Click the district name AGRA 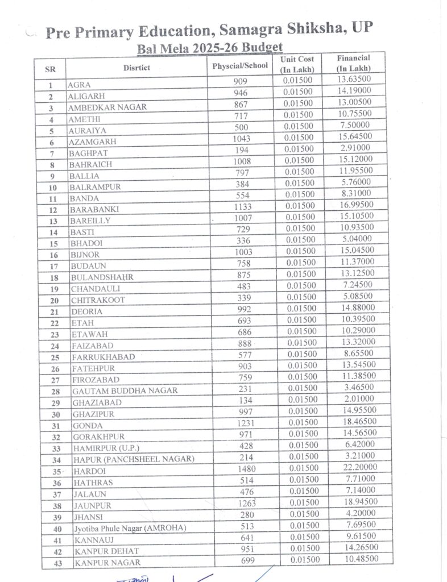(x=79, y=85)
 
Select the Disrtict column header (x=136, y=68)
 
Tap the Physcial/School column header (x=240, y=66)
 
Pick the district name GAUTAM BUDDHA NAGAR (x=125, y=391)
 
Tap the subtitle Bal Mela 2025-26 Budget (x=210, y=48)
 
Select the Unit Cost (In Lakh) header (x=297, y=64)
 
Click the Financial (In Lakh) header (x=353, y=63)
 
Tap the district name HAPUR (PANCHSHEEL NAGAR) (x=134, y=460)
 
